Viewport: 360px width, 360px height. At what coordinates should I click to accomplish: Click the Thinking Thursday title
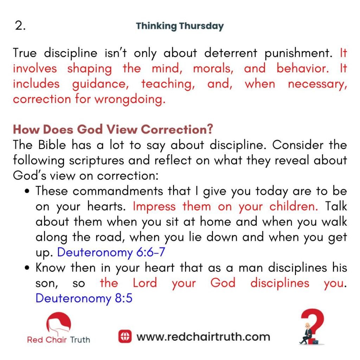180,26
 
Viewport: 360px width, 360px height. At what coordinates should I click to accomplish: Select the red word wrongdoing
130,100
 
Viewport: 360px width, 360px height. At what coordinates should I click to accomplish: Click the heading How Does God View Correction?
113,129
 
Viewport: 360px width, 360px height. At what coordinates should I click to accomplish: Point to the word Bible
52,145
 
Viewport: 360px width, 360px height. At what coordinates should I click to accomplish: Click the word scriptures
96,161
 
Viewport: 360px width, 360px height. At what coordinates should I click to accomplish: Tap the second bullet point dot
27,268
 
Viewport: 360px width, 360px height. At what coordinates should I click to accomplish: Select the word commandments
118,191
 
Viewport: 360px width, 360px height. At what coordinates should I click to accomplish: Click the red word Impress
154,207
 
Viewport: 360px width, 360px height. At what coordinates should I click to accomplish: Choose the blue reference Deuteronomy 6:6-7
111,252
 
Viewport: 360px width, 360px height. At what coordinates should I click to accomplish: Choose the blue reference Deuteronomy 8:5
84,298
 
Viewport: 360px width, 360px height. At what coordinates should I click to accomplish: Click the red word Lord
145,283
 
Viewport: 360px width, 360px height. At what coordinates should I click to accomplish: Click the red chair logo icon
59,323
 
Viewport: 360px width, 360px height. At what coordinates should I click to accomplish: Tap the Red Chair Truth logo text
59,340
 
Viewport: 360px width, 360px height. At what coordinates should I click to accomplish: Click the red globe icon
125,336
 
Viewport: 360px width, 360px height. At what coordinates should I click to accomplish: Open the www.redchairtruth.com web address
204,337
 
